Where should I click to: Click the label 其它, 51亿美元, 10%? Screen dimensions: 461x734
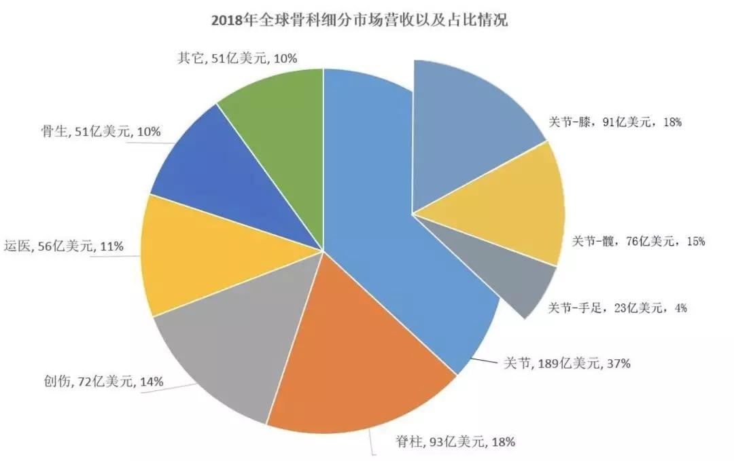[238, 58]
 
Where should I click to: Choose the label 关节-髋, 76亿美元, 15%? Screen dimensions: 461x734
[638, 240]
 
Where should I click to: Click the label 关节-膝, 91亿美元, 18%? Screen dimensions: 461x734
[614, 122]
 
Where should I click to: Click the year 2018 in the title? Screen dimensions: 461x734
[228, 20]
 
